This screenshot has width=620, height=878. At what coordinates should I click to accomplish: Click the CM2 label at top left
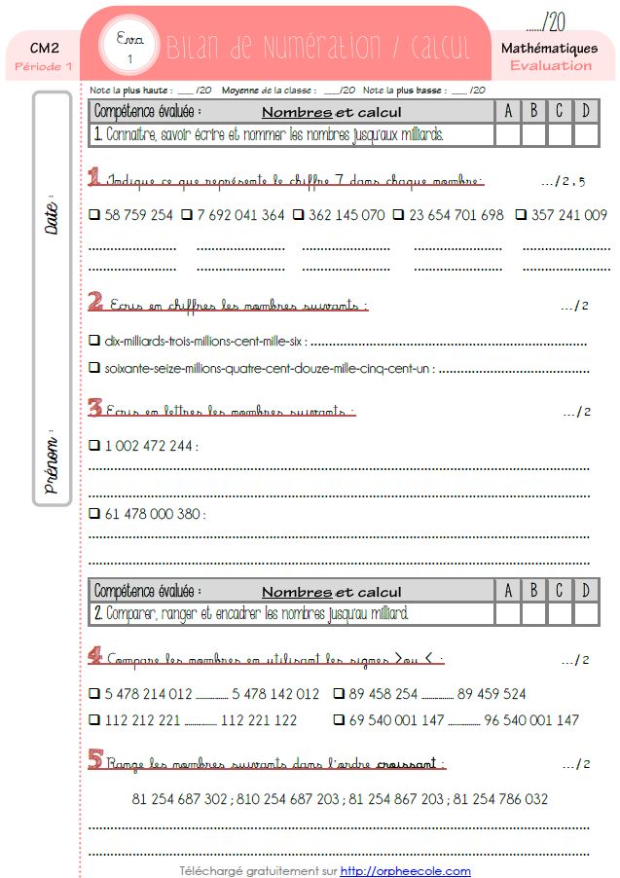click(x=42, y=47)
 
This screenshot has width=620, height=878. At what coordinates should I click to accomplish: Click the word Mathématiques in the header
click(x=550, y=48)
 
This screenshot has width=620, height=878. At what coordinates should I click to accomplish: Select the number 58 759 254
click(x=138, y=215)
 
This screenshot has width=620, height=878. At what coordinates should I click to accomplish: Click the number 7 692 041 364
click(x=240, y=215)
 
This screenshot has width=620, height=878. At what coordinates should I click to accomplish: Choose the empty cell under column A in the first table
click(x=508, y=135)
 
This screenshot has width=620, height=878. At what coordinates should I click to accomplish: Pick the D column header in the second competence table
click(x=586, y=590)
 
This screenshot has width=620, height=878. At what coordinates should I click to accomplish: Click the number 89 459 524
click(x=491, y=694)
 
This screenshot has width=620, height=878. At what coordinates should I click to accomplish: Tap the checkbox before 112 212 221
click(x=94, y=720)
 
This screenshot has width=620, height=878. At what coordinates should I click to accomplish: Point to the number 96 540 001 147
click(x=530, y=720)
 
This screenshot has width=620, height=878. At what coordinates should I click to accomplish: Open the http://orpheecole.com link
click(x=405, y=871)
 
